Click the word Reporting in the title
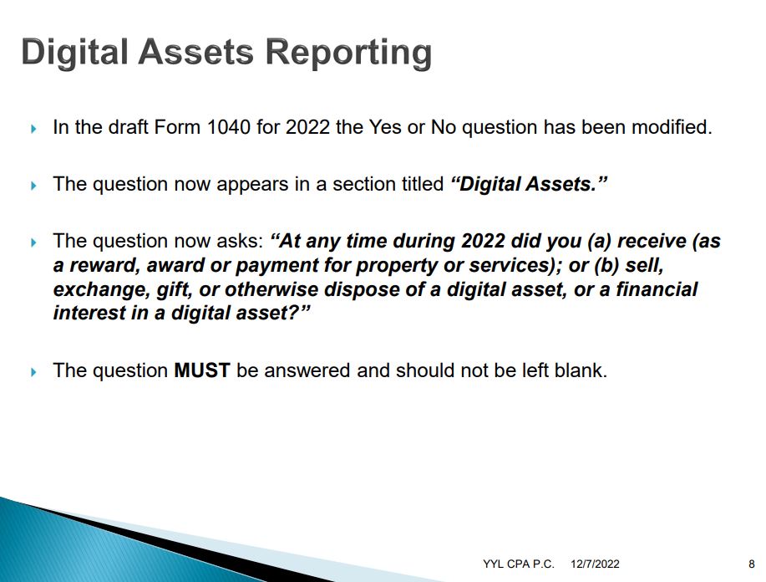click(348, 54)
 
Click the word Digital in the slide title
click(74, 53)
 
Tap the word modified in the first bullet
click(672, 127)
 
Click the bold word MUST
click(202, 370)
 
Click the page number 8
click(751, 564)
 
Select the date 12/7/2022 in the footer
click(595, 564)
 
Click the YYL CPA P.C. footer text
click(518, 564)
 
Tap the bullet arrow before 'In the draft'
click(33, 129)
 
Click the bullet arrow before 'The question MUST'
click(33, 372)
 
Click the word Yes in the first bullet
click(385, 127)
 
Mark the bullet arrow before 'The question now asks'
click(33, 242)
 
